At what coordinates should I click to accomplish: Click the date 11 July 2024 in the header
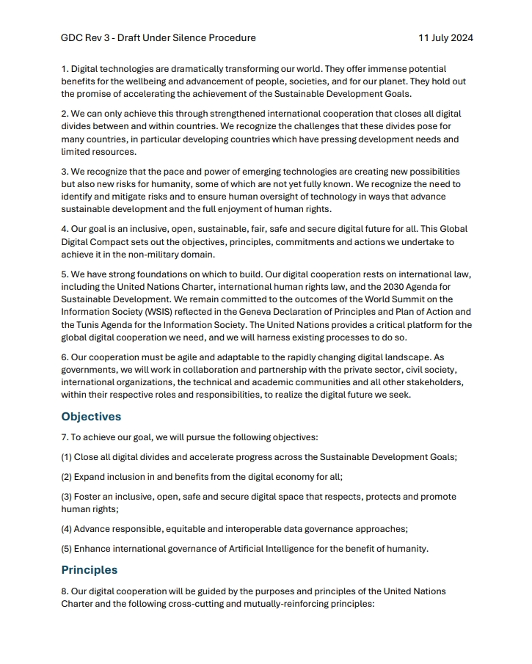(x=445, y=37)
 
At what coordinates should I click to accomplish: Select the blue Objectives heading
(x=91, y=417)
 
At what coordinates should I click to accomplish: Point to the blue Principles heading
(x=90, y=570)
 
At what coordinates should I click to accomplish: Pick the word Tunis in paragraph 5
(x=93, y=324)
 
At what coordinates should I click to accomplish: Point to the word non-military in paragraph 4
(x=164, y=254)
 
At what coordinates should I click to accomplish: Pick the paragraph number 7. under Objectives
(x=65, y=437)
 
